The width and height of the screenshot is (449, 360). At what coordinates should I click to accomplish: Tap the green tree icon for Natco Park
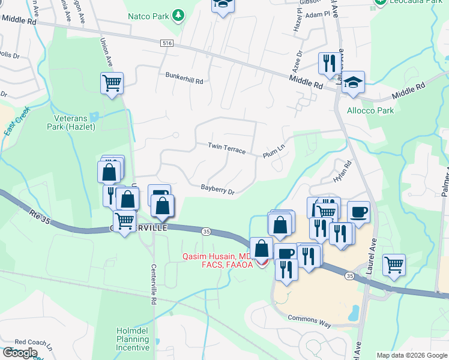(x=178, y=14)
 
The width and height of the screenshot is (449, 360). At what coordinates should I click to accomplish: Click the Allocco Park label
(x=370, y=110)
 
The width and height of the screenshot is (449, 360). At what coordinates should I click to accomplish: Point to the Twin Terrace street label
(x=227, y=148)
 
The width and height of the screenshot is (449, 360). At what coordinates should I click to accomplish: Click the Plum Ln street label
(x=273, y=154)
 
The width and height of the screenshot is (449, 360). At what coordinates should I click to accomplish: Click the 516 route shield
(x=167, y=43)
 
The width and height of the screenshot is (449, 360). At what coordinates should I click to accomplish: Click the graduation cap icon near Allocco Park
(x=354, y=82)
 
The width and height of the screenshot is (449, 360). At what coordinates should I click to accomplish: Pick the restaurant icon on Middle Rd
(x=329, y=64)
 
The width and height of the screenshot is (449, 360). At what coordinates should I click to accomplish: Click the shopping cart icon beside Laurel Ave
(x=394, y=264)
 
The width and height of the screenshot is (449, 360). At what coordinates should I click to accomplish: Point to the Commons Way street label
(x=310, y=320)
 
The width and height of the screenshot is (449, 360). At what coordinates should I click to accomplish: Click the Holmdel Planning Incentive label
(x=133, y=339)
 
